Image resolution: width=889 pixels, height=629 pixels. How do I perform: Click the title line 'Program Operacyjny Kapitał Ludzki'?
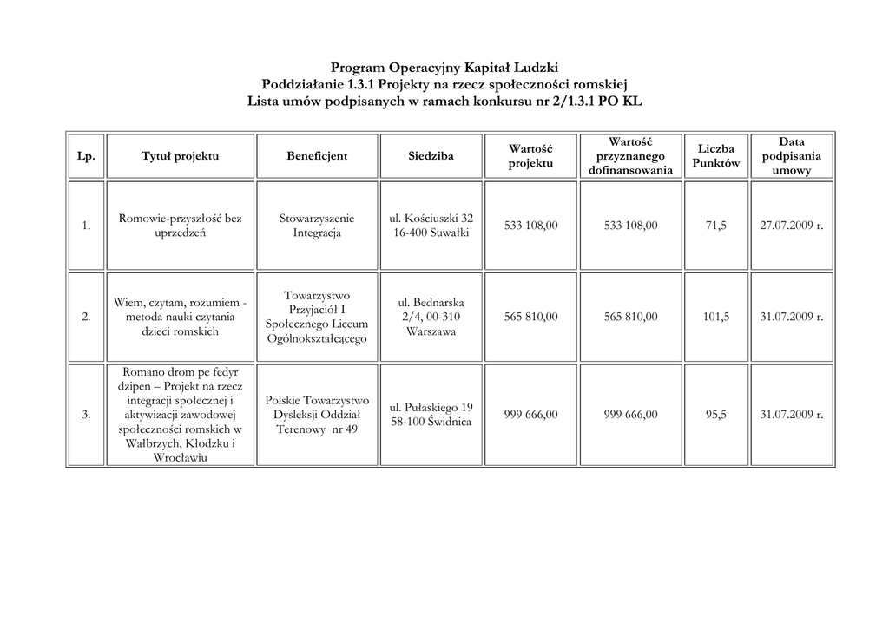coord(444,68)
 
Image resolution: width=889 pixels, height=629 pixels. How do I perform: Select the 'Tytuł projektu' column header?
coord(181,156)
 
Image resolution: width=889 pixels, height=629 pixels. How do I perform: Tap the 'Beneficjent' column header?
coord(317,156)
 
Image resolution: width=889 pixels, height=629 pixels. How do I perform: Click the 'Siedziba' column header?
coord(431,156)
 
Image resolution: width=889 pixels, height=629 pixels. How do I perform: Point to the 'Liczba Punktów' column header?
coord(716,156)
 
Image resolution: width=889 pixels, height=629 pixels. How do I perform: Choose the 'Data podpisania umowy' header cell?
coord(791,156)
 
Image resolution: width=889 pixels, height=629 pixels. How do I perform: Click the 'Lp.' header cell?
coord(86,156)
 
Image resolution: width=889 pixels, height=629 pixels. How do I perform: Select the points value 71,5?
coord(716,226)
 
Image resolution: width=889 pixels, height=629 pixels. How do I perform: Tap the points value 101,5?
coord(716,317)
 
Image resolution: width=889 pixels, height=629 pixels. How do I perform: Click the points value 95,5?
coord(716,415)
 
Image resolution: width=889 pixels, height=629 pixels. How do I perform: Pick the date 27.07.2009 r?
coord(791,226)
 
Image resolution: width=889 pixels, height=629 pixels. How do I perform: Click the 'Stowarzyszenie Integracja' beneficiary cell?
coord(317,226)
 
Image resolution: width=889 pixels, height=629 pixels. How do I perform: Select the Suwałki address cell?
coord(431,226)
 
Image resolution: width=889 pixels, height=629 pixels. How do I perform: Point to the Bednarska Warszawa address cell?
coord(431,317)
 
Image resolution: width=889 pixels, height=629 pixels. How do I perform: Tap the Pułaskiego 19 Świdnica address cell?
coord(431,415)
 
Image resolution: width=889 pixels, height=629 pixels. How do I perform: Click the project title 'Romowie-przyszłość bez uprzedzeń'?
coord(181,226)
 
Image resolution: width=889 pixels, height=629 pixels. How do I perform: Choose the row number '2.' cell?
coord(86,317)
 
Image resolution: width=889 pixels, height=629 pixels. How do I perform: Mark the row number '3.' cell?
coord(86,415)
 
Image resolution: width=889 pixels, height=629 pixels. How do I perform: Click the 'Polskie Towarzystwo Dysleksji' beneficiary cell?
coord(317,415)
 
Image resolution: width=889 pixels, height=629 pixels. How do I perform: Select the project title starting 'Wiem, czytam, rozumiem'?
coord(181,317)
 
